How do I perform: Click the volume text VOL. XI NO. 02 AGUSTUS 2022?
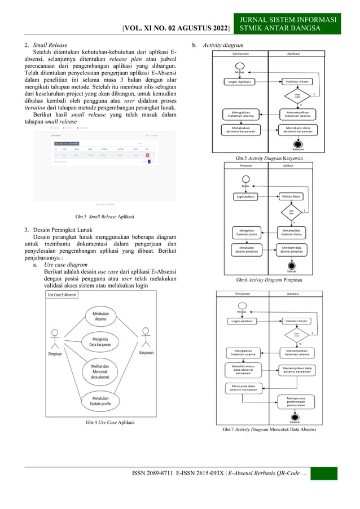tap(177, 28)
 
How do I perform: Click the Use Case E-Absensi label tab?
tap(62, 295)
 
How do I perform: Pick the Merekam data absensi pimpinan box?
tap(292, 249)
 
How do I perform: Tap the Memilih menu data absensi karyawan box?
tap(243, 370)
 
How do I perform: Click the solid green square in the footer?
tap(323, 473)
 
